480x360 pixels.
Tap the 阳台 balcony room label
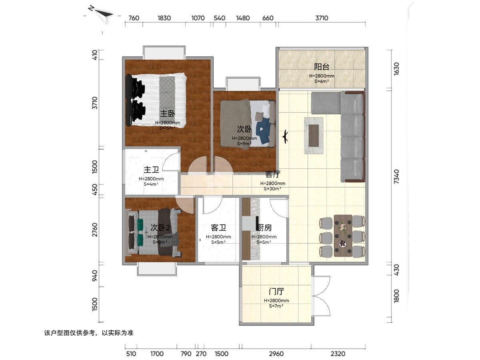coord(322,67)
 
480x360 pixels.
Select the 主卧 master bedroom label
coord(168,114)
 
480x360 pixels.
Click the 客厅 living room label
coord(273,174)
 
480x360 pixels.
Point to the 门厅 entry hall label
coord(276,291)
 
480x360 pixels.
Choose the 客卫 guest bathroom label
coord(218,228)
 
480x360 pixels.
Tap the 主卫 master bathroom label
coord(151,170)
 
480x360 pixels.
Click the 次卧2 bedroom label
coord(160,228)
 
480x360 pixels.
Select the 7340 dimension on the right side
coord(396,177)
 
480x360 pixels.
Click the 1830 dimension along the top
coord(164,18)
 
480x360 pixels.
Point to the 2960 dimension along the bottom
coord(276,354)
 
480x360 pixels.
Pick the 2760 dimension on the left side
coord(95,230)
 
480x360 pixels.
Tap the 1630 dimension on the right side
coord(396,69)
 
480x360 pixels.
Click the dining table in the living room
coord(343,236)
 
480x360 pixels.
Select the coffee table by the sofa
coord(314,136)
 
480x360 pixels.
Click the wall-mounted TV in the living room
coord(285,137)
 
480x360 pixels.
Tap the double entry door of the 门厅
coord(321,296)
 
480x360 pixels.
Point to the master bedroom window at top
coord(164,52)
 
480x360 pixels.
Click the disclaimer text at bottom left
coord(89,333)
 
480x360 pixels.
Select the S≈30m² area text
coord(272,189)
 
